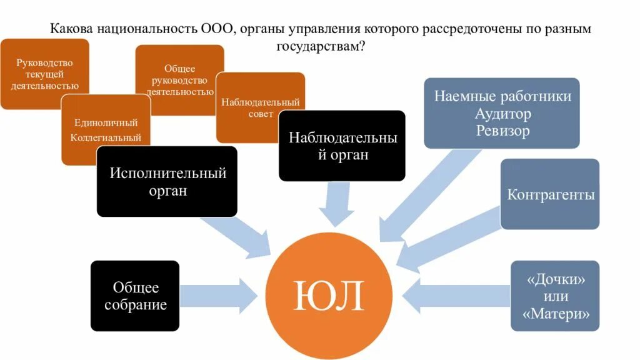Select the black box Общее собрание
click(x=135, y=296)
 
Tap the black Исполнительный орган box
click(x=167, y=181)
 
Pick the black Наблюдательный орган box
click(x=341, y=146)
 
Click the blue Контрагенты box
click(x=550, y=194)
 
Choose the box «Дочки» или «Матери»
click(x=555, y=296)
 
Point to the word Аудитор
click(x=502, y=114)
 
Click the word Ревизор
click(x=502, y=131)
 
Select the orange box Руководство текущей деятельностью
click(x=44, y=74)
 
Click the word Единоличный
click(x=106, y=122)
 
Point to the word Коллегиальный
click(x=106, y=137)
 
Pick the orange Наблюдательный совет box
click(x=260, y=107)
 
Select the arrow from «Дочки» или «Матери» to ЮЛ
click(x=456, y=294)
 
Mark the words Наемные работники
click(x=502, y=97)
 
